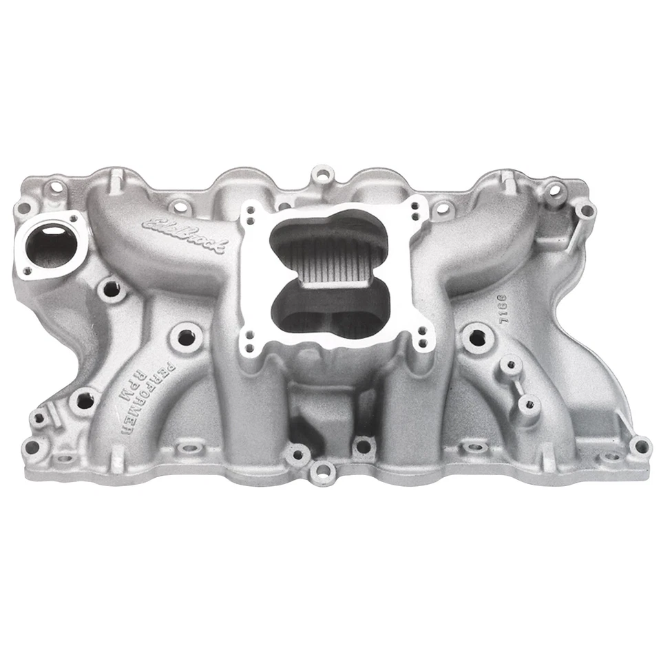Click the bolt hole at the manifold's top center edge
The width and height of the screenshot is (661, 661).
(321, 174)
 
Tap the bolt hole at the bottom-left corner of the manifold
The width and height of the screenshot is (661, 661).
(31, 448)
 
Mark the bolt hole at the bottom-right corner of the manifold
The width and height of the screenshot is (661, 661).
(640, 446)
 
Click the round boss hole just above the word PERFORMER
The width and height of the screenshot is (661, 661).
(185, 337)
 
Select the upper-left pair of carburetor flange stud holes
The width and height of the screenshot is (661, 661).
(249, 209)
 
